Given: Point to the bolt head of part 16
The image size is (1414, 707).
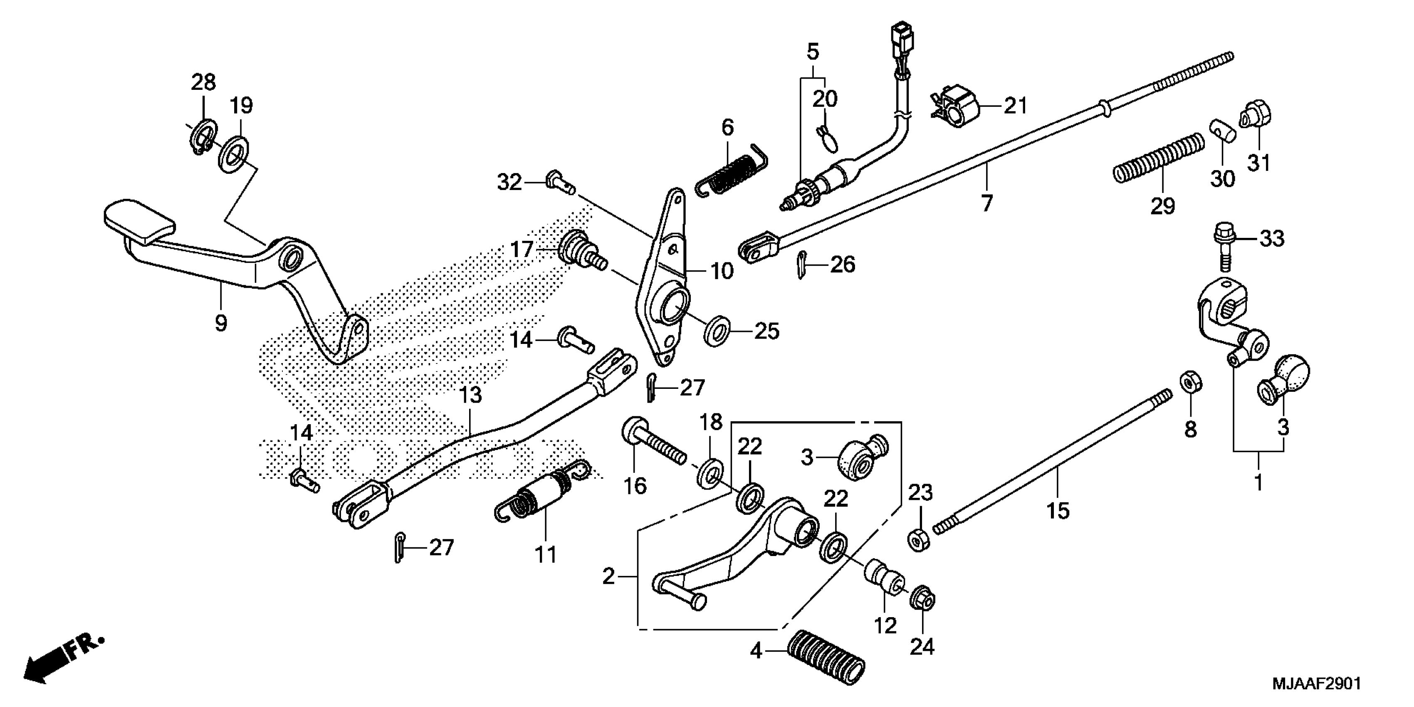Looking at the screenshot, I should point(633,428).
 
